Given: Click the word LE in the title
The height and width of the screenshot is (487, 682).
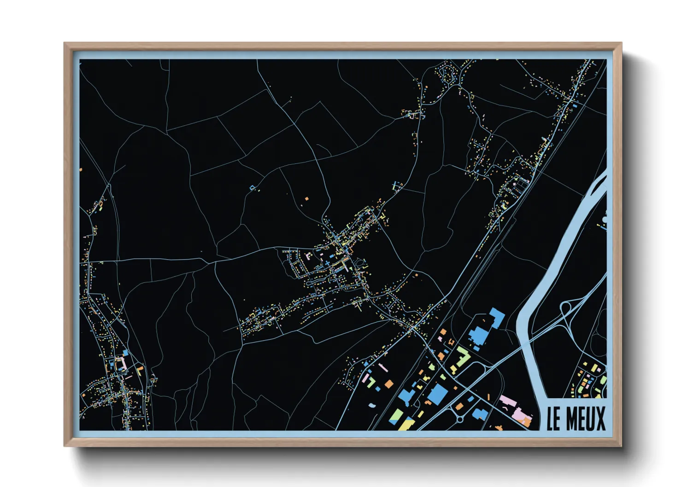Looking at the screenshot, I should [x=553, y=418].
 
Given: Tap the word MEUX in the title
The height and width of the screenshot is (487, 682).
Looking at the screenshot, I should [x=585, y=418].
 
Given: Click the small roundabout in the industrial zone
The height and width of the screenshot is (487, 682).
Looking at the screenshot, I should [x=459, y=419].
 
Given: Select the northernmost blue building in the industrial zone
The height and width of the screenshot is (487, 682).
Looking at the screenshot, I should [x=497, y=317].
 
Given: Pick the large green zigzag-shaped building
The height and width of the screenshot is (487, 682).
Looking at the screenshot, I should [x=461, y=358].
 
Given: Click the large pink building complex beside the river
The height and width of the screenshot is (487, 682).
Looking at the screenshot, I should [x=516, y=407].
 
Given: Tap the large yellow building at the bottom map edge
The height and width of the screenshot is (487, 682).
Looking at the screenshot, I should [x=405, y=423].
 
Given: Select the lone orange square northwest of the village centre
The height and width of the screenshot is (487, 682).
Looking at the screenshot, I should [x=306, y=199].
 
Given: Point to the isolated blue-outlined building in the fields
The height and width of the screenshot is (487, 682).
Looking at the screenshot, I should [x=252, y=187].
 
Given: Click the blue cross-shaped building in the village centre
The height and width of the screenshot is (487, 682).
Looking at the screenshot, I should [x=327, y=263].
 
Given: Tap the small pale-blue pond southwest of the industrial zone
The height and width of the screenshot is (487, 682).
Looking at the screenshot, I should [x=371, y=405].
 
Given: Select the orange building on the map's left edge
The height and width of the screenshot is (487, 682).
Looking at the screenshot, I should [x=81, y=170].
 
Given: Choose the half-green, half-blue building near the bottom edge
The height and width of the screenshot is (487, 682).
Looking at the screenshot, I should [x=396, y=416].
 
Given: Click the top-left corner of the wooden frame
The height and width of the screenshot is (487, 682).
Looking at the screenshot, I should [x=65, y=44].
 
